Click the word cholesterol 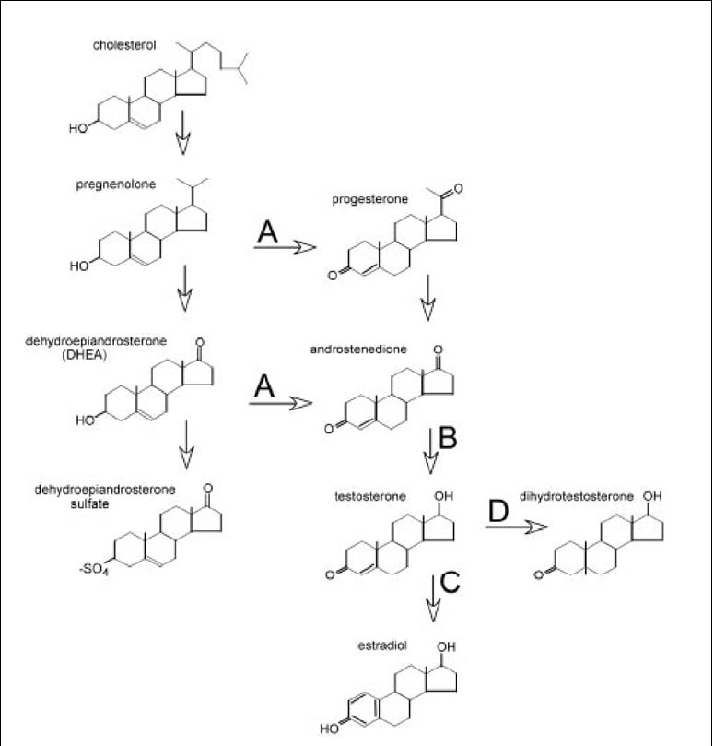[124, 45]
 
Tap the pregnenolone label [116, 184]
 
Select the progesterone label [369, 199]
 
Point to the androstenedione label [358, 349]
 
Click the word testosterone [370, 497]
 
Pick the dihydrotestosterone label [576, 497]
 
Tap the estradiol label [382, 645]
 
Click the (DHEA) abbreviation [84, 355]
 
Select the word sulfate [90, 503]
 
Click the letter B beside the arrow [448, 438]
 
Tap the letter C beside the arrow [450, 581]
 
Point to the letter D [498, 511]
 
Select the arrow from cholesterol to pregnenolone [183, 132]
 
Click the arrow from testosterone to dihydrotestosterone [517, 527]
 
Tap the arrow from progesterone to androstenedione [427, 297]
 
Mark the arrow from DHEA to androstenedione [280, 403]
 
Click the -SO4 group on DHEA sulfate [94, 569]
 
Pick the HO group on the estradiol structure [330, 728]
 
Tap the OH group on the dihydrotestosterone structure [651, 496]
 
